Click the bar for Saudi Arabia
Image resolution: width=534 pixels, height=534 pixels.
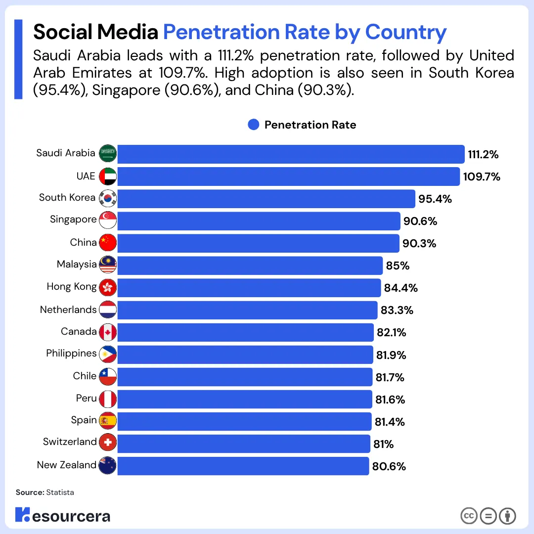pos(291,154)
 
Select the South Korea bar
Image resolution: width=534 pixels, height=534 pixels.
pos(266,199)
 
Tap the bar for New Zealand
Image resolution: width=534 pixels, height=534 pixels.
pos(243,466)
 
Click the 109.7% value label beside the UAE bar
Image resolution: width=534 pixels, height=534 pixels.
pos(482,177)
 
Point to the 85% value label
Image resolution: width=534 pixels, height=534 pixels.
pos(398,266)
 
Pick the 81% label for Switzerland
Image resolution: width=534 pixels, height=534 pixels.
pos(384,444)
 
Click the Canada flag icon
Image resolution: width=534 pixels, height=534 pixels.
pos(107,332)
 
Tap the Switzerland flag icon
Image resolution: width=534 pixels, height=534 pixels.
pos(107,443)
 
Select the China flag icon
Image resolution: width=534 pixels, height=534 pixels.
pos(107,243)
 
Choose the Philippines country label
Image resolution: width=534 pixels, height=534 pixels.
pos(71,354)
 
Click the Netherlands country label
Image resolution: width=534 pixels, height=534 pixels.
pos(68,310)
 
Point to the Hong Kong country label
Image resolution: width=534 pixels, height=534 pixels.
pos(72,287)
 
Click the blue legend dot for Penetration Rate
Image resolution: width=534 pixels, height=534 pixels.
pos(254,125)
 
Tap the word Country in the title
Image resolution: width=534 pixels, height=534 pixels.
pos(405,32)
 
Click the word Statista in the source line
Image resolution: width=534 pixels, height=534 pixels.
pos(60,492)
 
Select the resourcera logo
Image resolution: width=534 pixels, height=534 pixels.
pos(62,516)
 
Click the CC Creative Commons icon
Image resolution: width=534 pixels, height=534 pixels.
pos(469,516)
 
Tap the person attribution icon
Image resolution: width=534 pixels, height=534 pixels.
pos(507,516)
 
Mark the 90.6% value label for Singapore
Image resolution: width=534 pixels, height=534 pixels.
pos(420,221)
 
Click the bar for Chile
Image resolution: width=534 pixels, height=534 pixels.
pos(245,377)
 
